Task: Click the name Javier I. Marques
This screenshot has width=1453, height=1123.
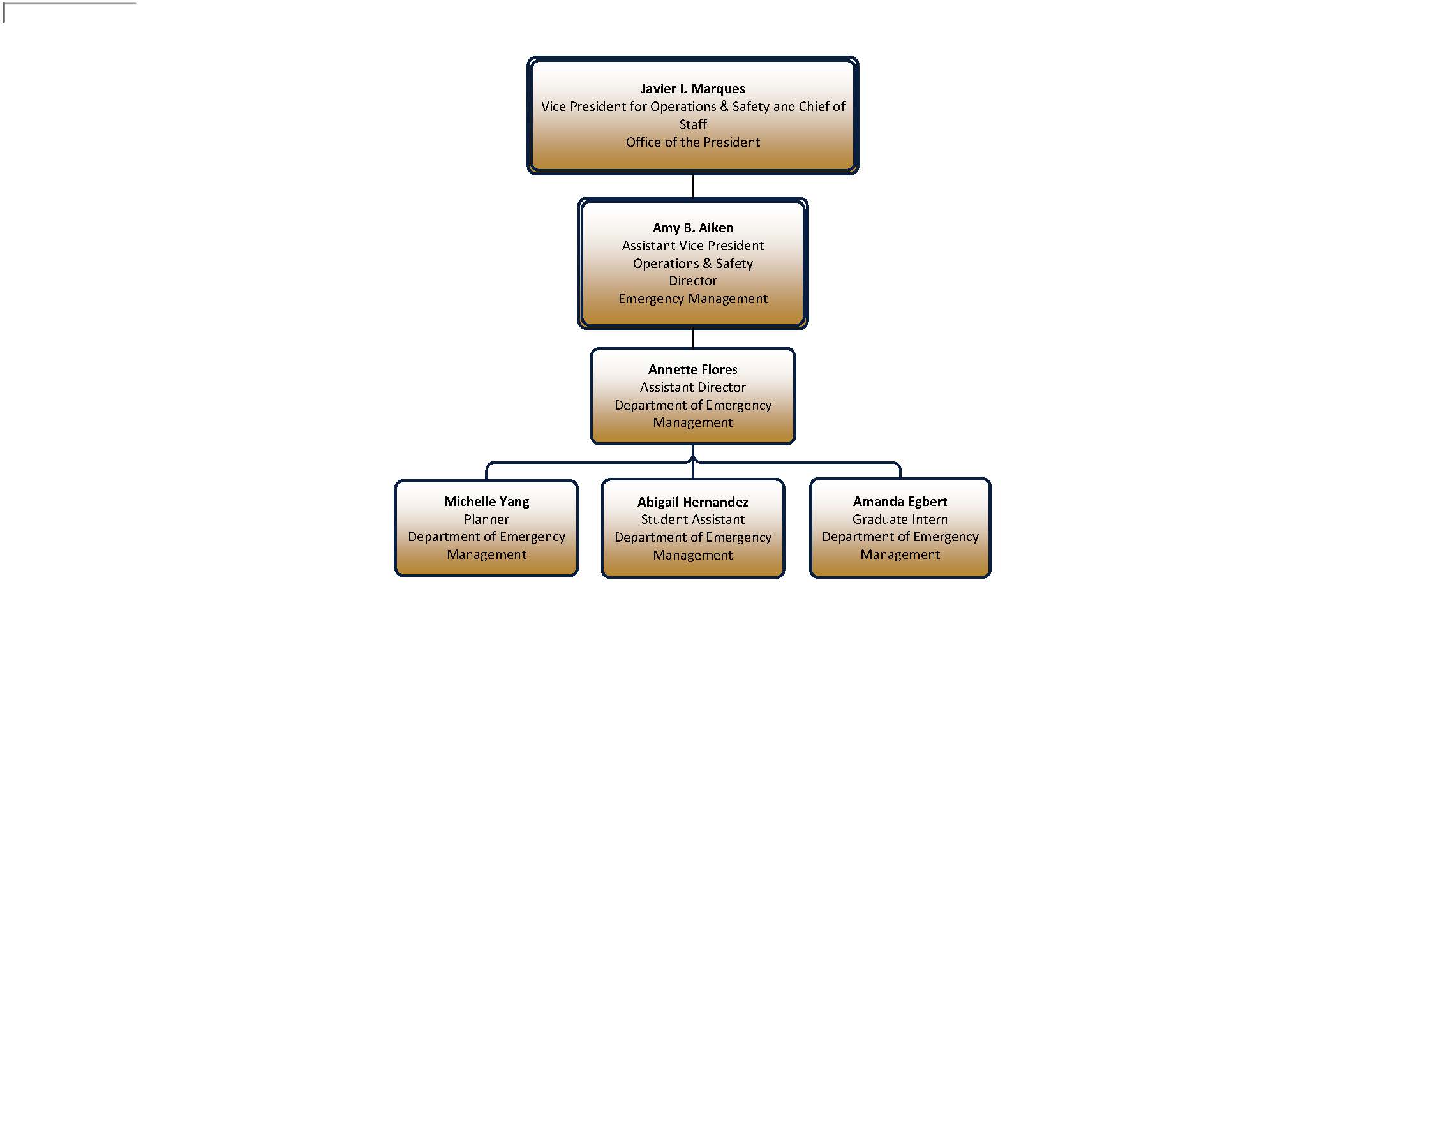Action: [x=692, y=89]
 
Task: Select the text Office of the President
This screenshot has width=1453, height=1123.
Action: [x=692, y=142]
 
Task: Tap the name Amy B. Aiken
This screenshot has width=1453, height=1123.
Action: [x=692, y=228]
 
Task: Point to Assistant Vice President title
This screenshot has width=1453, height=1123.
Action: [x=692, y=246]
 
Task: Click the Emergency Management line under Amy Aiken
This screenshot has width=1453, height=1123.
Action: [x=692, y=299]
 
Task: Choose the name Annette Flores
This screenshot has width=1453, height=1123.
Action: [x=692, y=369]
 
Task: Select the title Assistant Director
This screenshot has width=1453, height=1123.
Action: [x=692, y=387]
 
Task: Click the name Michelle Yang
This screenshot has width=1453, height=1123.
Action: [x=486, y=502]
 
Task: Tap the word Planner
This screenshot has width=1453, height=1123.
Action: [x=486, y=519]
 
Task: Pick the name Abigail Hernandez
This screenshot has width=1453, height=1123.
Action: [x=692, y=502]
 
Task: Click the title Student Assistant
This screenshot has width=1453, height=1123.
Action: [x=692, y=519]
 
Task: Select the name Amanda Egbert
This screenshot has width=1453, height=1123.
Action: [x=900, y=502]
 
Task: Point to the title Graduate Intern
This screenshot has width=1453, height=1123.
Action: [x=900, y=519]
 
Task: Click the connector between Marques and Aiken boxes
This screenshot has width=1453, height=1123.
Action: [x=692, y=186]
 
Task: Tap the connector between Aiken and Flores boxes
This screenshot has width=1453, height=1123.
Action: [x=692, y=338]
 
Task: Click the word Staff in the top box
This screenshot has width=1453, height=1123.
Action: [x=692, y=124]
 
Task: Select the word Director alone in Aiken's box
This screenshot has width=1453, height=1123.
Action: [x=692, y=281]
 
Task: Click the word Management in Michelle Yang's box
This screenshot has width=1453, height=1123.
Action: [x=486, y=555]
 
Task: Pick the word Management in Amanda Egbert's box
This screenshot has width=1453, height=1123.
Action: [x=900, y=555]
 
